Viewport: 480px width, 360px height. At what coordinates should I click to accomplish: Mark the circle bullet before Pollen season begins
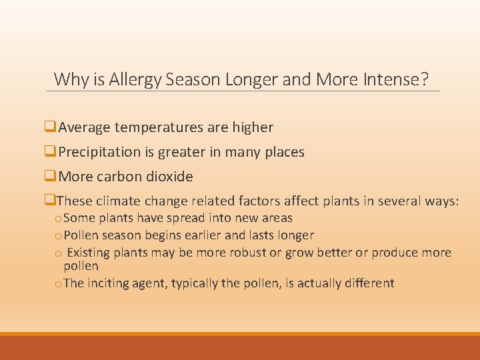(x=58, y=236)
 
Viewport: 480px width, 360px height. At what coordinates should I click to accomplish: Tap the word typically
(x=195, y=283)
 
